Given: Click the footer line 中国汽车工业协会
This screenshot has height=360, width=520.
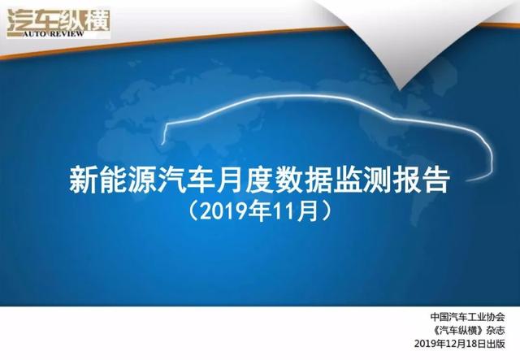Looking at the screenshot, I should tap(468, 317).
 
